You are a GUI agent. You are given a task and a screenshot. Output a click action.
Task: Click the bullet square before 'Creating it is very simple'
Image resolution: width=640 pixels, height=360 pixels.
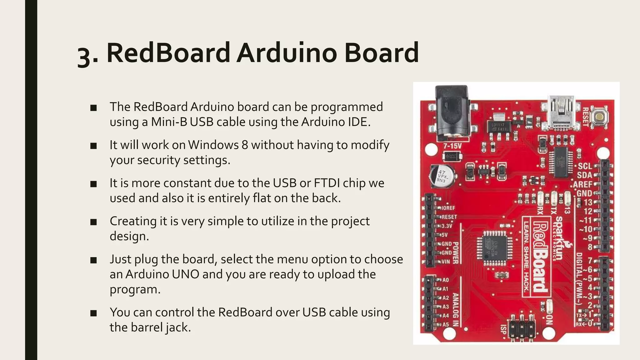coord(93,222)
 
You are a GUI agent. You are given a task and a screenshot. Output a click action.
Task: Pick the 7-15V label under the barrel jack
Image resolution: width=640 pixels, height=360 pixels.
coord(452,146)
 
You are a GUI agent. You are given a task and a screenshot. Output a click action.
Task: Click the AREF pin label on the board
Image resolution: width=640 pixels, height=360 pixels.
coord(582,184)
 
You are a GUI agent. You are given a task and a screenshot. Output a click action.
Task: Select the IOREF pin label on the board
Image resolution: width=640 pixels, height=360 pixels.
coord(448,208)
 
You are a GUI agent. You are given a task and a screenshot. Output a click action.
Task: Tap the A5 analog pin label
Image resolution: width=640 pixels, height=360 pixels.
coord(445,325)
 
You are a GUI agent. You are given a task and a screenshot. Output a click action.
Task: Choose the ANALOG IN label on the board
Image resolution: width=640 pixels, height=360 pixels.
coord(456,309)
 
